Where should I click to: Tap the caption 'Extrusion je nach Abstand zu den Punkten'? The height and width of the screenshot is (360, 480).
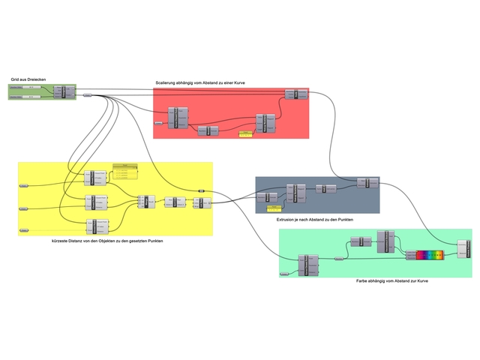click(314, 218)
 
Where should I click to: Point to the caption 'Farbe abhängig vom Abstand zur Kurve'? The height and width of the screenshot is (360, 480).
click(388, 280)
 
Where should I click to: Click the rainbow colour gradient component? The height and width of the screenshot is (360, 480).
click(430, 256)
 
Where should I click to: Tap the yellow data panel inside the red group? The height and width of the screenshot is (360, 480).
click(245, 135)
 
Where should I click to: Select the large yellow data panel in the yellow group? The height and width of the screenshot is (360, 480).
click(125, 172)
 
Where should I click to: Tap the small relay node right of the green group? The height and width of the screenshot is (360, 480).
click(87, 95)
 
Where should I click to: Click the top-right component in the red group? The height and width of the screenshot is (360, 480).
click(292, 94)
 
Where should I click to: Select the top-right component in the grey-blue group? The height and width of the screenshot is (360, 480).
click(363, 182)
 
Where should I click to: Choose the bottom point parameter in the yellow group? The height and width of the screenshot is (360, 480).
click(24, 230)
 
